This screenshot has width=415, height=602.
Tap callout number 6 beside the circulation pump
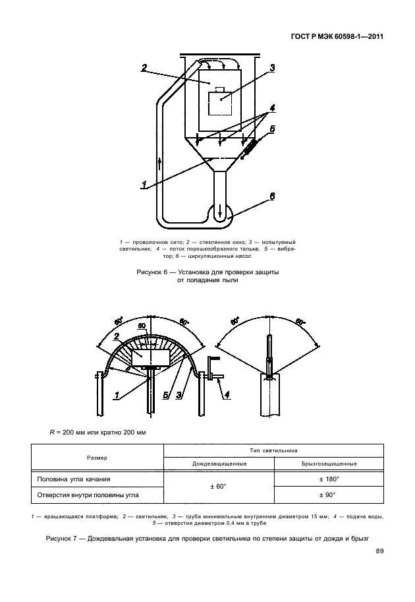pyautogui.click(x=272, y=196)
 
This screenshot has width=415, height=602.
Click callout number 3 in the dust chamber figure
pyautogui.click(x=271, y=67)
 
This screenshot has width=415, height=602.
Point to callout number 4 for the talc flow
pyautogui.click(x=271, y=108)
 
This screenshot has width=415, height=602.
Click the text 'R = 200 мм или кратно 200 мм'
pyautogui.click(x=97, y=432)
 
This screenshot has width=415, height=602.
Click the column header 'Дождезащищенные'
pyautogui.click(x=219, y=463)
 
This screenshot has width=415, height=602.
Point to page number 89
pyautogui.click(x=379, y=552)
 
